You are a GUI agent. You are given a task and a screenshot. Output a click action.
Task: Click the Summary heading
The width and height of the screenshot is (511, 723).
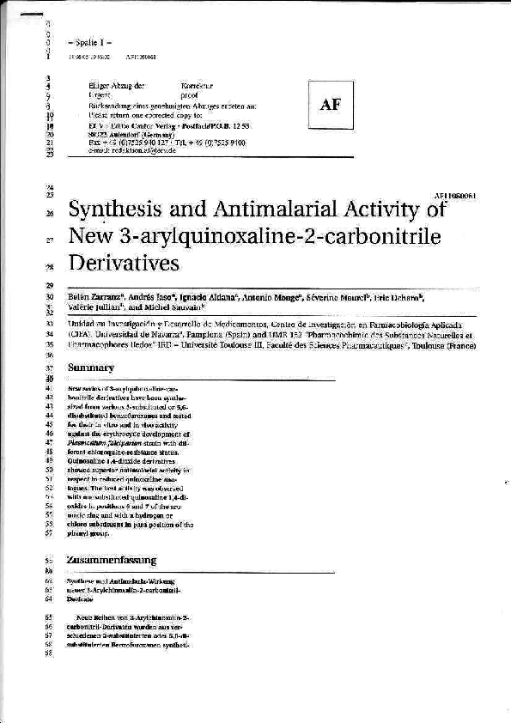(x=91, y=368)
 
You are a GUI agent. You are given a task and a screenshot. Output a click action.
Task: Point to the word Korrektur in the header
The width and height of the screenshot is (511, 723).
(x=197, y=87)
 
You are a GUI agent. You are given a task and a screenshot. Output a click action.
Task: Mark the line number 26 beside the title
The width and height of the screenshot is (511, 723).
(x=50, y=214)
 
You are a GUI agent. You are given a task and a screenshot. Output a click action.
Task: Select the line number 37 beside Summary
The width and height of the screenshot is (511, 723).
(x=50, y=368)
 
